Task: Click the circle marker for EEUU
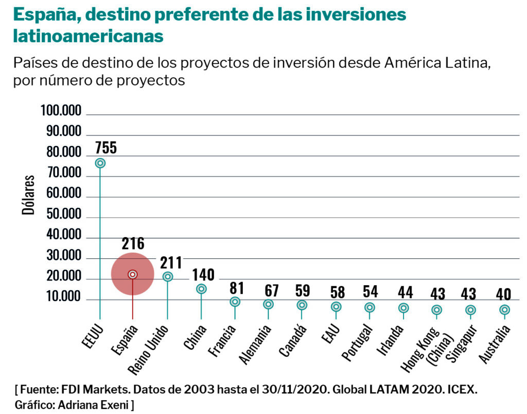pyautogui.click(x=100, y=163)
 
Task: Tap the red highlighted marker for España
pyautogui.click(x=133, y=274)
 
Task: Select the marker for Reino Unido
pyautogui.click(x=167, y=277)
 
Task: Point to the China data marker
pyautogui.click(x=201, y=289)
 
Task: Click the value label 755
pyautogui.click(x=106, y=147)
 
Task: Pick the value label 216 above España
pyautogui.click(x=133, y=243)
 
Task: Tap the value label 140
pyautogui.click(x=203, y=274)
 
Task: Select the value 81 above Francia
pyautogui.click(x=237, y=288)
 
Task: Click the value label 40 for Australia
pyautogui.click(x=504, y=294)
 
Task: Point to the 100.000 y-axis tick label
pyautogui.click(x=61, y=111)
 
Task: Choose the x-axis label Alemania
pyautogui.click(x=255, y=344)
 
